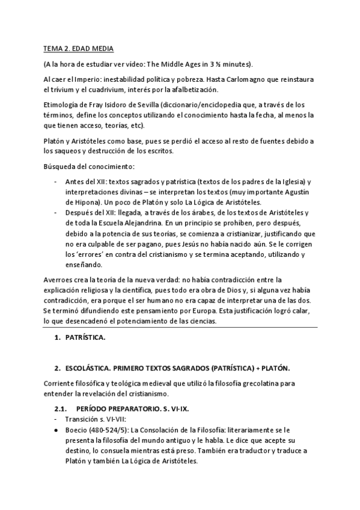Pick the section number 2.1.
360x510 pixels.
(x=62, y=408)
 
